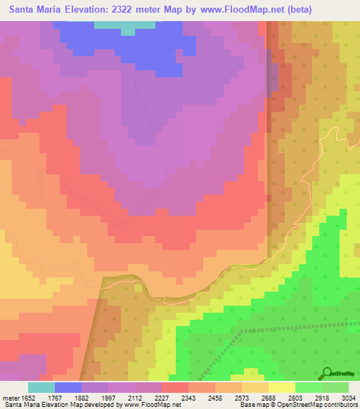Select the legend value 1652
coord(27,397)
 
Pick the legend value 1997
coord(108,397)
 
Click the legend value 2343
coord(188,397)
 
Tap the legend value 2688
coord(269,397)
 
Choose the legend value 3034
coord(349,397)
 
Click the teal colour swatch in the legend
coord(41,387)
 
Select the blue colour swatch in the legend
coord(68,387)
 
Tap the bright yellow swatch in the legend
coord(282,387)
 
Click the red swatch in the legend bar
coord(175,387)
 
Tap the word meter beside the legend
coord(9,397)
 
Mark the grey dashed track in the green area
coord(295,327)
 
